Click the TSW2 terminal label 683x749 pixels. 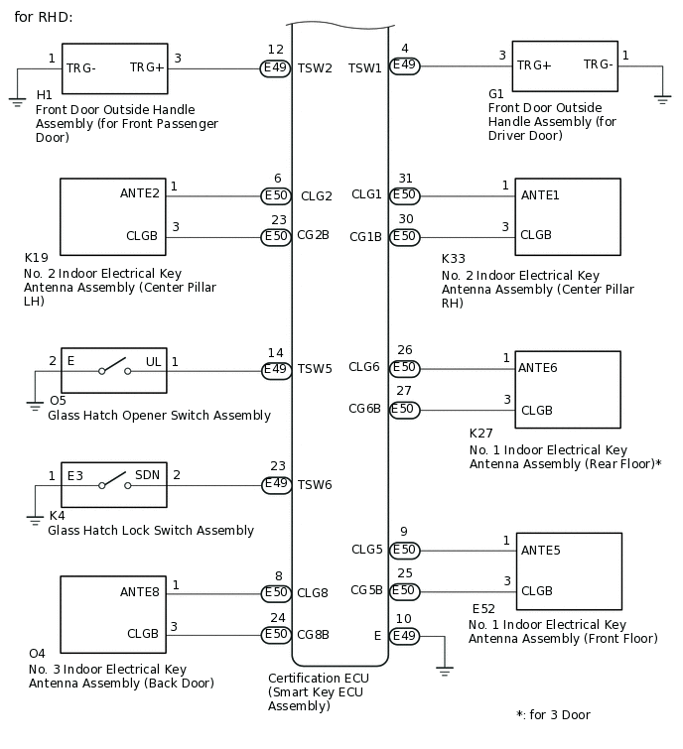317,68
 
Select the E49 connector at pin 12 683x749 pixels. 276,68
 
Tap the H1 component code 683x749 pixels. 44,95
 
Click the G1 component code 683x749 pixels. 496,94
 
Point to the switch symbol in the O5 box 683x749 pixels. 113,372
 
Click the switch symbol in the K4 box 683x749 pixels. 113,485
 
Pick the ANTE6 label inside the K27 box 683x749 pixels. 538,368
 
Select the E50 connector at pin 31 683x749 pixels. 404,195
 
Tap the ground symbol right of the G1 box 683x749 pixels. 662,99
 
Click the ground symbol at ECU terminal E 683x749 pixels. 445,672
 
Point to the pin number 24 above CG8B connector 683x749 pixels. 278,617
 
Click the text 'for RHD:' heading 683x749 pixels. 44,17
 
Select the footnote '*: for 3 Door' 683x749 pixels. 553,714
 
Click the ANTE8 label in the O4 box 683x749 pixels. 140,592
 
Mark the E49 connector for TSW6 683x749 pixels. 276,485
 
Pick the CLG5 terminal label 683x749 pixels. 366,550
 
